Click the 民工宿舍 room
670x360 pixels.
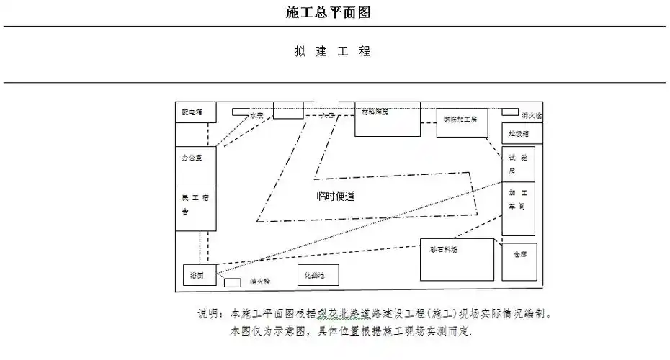[x=195, y=207]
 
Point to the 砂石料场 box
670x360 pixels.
[x=457, y=259]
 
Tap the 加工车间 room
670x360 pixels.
[x=519, y=208]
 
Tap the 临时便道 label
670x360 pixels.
[x=336, y=196]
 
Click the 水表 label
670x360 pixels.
[x=257, y=115]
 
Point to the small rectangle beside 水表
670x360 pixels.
[x=240, y=112]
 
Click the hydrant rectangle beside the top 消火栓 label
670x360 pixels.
[x=509, y=112]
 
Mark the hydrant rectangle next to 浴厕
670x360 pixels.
[x=232, y=282]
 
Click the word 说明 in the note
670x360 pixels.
[x=210, y=315]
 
